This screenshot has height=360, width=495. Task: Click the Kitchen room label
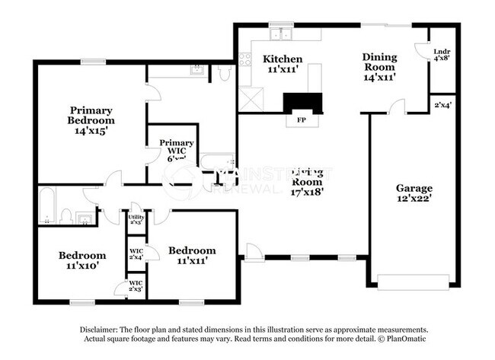coord(282,64)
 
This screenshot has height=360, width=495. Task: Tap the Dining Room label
coord(378,66)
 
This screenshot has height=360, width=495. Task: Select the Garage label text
coord(414,193)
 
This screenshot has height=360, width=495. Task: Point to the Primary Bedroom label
coord(91,120)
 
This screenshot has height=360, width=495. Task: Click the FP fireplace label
coord(298,119)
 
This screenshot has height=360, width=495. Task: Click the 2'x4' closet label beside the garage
coord(442,105)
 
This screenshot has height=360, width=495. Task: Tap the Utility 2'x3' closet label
coord(136,220)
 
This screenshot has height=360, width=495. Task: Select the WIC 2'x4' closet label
coord(136,254)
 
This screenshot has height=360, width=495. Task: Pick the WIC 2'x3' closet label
coord(136,288)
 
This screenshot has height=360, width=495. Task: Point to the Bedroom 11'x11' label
coord(191,255)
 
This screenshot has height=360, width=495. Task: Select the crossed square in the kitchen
coord(249,100)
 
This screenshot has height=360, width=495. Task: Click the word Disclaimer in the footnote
coord(101,330)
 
